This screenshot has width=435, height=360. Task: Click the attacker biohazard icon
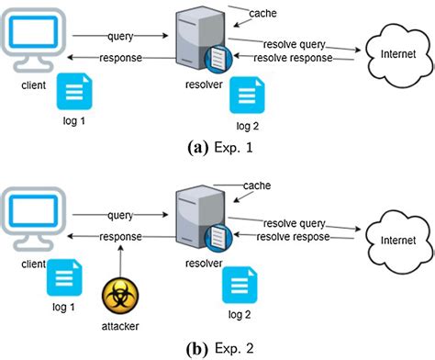click(x=120, y=296)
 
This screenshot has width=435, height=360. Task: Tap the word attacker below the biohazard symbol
click(x=120, y=326)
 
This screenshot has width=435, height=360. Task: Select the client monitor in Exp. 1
click(x=33, y=39)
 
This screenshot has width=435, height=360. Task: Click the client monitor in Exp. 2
click(x=33, y=219)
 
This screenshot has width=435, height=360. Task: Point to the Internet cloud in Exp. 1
click(x=399, y=54)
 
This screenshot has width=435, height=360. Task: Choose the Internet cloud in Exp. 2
click(x=399, y=241)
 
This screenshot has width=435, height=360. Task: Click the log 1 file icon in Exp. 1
click(x=74, y=92)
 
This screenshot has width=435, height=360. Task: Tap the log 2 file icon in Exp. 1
click(x=247, y=96)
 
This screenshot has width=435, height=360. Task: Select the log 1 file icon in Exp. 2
click(x=64, y=277)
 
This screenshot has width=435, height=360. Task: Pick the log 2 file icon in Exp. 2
click(x=240, y=285)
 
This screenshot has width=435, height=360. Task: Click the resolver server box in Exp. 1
click(x=200, y=39)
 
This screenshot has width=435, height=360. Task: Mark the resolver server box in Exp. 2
click(x=200, y=218)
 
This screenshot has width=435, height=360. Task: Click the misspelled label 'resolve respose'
click(x=293, y=237)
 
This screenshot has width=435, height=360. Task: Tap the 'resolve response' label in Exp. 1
click(x=293, y=58)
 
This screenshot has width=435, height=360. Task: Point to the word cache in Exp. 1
click(x=262, y=14)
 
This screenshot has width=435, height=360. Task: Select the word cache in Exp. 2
click(x=257, y=186)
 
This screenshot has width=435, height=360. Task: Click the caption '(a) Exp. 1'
click(x=220, y=148)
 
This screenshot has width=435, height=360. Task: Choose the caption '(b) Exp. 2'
click(x=220, y=349)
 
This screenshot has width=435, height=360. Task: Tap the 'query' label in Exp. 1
click(x=120, y=37)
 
